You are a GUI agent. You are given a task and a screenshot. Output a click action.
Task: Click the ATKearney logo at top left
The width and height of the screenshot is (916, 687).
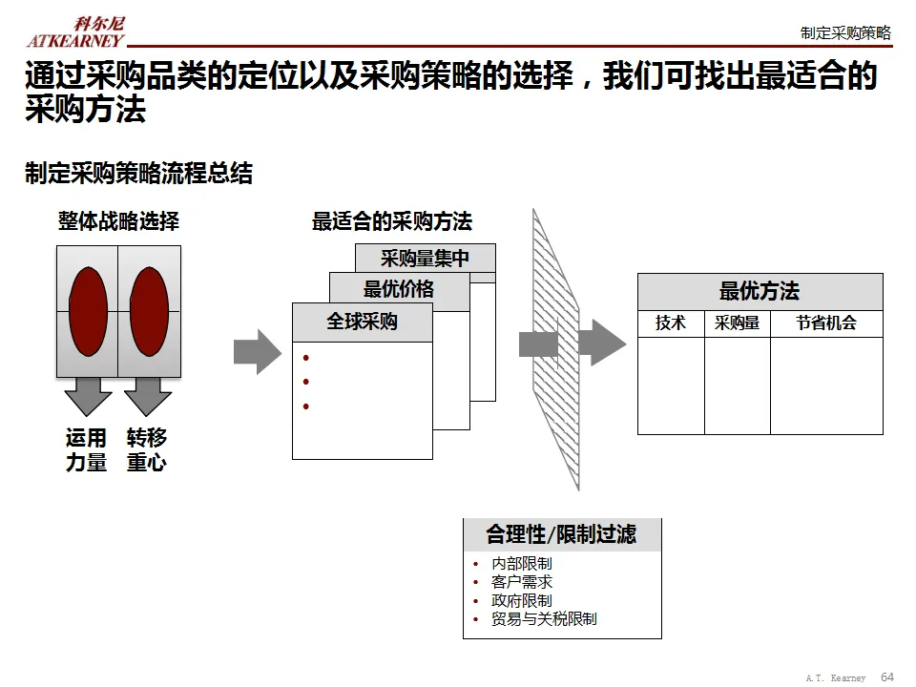pyautogui.click(x=75, y=31)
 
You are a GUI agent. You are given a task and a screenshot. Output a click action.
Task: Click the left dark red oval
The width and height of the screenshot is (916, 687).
pyautogui.click(x=88, y=311)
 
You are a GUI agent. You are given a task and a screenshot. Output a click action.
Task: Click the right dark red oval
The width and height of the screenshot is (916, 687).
pyautogui.click(x=149, y=311)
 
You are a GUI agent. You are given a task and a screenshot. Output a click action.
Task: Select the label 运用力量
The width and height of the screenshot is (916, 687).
pyautogui.click(x=87, y=450)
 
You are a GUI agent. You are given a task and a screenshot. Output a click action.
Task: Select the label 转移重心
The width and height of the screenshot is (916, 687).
pyautogui.click(x=147, y=450)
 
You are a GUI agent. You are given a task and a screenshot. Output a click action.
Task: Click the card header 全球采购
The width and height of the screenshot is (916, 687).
pyautogui.click(x=363, y=323)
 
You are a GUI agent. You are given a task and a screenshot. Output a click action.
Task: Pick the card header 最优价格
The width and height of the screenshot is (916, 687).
pyautogui.click(x=399, y=290)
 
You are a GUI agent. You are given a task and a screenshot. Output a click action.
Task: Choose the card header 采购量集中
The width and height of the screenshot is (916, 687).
pyautogui.click(x=426, y=258)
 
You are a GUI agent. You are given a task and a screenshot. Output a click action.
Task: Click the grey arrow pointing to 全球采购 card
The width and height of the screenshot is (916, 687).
pyautogui.click(x=257, y=351)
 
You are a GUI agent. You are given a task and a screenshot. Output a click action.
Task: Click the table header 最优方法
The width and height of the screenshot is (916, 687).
pyautogui.click(x=760, y=291)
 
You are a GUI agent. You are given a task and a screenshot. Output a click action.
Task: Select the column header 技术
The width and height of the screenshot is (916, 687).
pyautogui.click(x=671, y=323)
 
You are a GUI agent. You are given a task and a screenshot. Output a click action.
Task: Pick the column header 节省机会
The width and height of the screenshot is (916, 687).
pyautogui.click(x=826, y=323)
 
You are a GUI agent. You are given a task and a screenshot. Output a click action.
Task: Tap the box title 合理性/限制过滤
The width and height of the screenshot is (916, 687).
pyautogui.click(x=561, y=534)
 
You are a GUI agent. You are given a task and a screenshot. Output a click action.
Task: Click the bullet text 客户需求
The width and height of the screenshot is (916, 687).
pyautogui.click(x=522, y=582)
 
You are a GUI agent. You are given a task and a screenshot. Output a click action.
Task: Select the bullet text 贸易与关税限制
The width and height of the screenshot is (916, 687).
pyautogui.click(x=544, y=618)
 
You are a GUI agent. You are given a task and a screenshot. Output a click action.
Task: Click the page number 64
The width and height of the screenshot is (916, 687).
pyautogui.click(x=887, y=677)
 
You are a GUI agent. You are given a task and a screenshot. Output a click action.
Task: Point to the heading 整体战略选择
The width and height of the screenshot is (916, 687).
pyautogui.click(x=118, y=222)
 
